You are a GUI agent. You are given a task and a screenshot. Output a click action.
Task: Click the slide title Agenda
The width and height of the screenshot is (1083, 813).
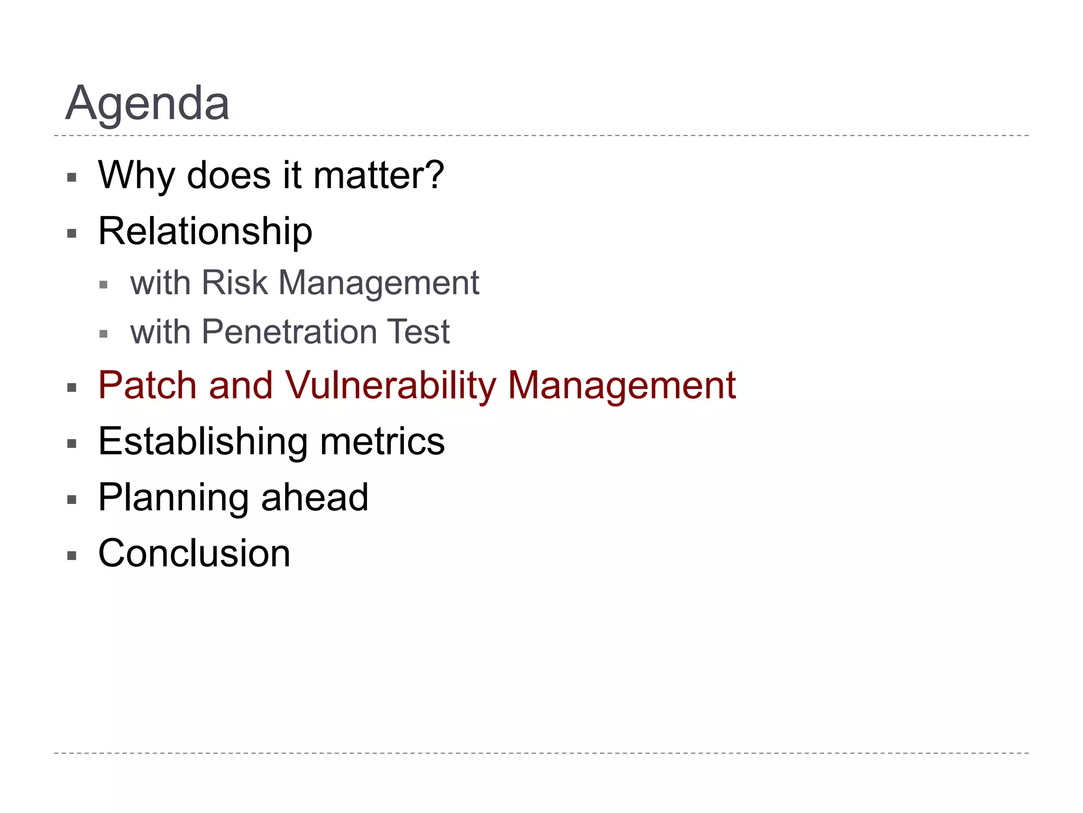[x=148, y=104]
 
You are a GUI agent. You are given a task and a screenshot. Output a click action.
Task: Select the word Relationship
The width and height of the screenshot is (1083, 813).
[x=205, y=232]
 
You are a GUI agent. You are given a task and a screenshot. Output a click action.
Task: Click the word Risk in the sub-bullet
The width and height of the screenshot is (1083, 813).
[x=235, y=283]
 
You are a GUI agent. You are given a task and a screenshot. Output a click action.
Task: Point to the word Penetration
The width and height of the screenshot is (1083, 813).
[x=289, y=332]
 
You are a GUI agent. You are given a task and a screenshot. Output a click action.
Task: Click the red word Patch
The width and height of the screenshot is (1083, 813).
[x=148, y=385]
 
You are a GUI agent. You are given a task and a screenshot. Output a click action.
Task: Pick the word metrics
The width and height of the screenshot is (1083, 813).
[x=382, y=441]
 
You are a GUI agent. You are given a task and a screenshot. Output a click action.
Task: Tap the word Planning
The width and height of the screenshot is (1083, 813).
[x=173, y=498]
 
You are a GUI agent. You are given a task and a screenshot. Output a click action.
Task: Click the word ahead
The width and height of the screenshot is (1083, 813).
[x=315, y=498]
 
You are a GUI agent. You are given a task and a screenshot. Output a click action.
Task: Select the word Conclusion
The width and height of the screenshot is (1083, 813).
[x=194, y=554]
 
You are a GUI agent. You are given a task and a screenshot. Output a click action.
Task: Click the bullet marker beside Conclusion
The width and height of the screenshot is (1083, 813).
[x=72, y=556]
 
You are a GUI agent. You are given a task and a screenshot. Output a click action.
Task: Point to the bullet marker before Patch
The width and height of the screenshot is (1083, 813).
[x=72, y=388]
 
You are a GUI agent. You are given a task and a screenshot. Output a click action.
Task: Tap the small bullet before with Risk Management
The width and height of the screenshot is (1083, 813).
[x=104, y=285]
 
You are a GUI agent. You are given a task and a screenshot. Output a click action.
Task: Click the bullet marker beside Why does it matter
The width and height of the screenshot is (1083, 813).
[x=72, y=177]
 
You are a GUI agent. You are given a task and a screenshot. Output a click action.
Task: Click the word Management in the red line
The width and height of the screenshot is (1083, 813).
[x=621, y=385]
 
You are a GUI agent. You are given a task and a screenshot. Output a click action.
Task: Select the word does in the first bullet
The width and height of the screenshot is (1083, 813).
[x=228, y=176]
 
